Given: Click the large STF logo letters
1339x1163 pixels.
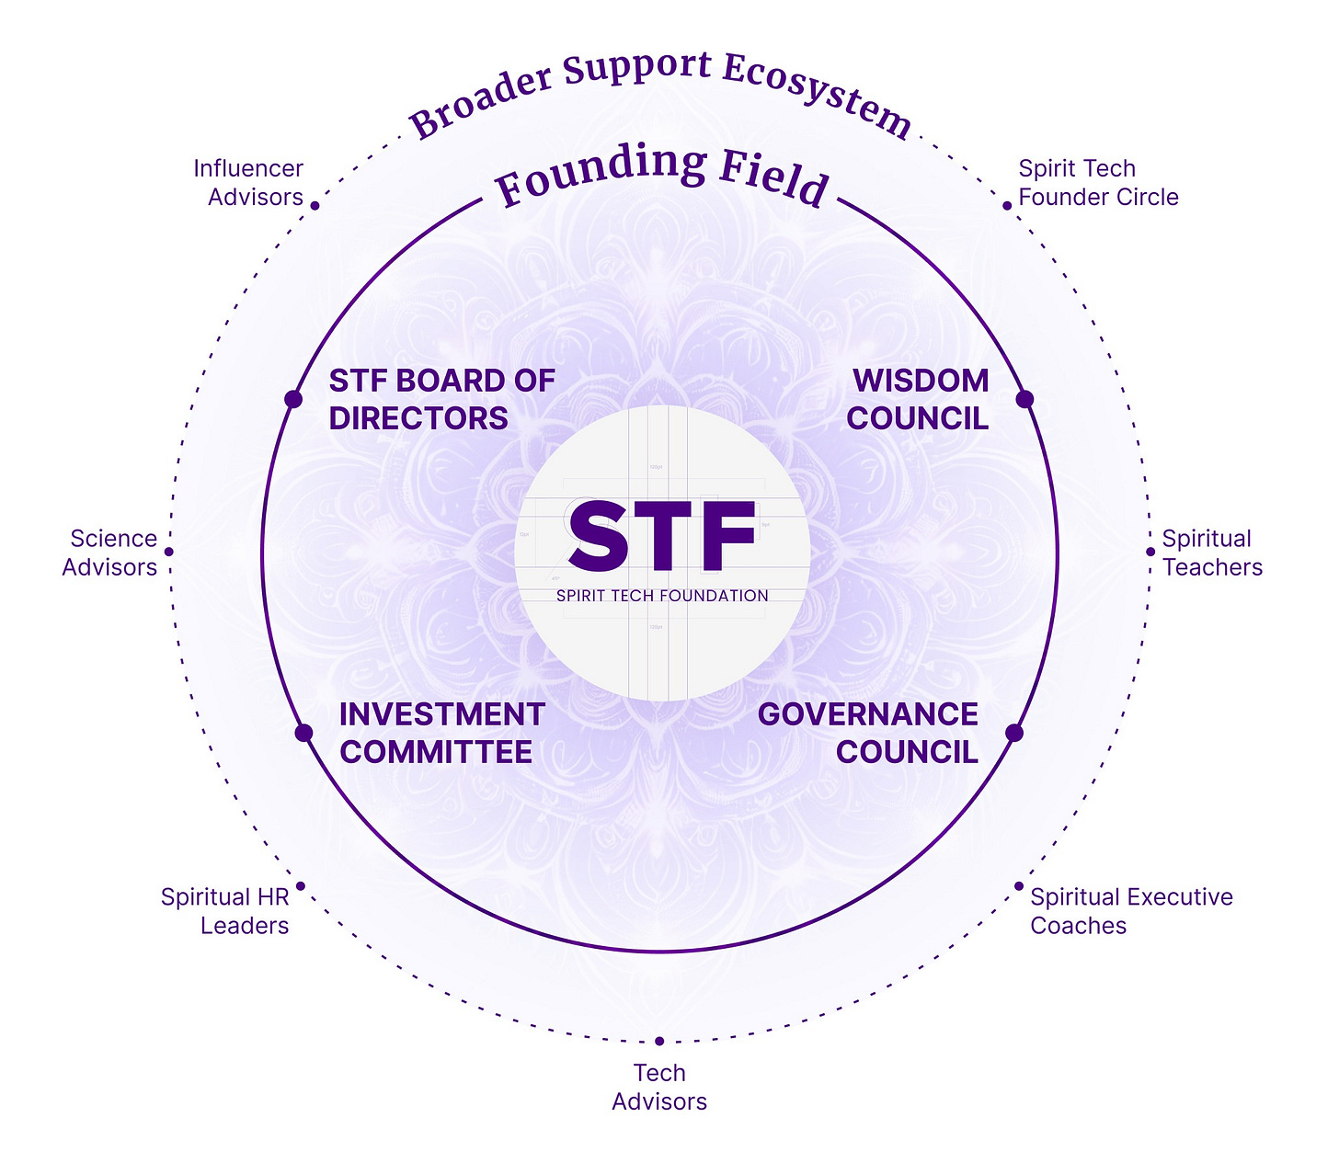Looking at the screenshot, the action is (662, 537).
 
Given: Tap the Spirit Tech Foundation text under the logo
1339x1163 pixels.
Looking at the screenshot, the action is (662, 596).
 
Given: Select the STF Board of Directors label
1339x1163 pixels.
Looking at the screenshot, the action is (441, 399).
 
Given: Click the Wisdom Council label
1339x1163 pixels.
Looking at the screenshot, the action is (918, 399).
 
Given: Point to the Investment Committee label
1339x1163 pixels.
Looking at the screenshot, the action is (441, 733).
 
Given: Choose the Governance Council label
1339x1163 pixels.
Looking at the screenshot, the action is (868, 733).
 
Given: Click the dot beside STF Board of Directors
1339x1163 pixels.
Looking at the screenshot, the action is (293, 399).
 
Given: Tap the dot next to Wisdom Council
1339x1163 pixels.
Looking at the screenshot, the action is (1024, 399).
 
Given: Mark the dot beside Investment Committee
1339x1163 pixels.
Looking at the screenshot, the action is (303, 733).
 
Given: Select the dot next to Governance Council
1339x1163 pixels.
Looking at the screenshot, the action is (1014, 733).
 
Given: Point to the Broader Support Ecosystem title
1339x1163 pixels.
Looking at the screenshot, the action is (660, 92).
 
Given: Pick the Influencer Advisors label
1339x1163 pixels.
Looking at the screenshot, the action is (248, 183).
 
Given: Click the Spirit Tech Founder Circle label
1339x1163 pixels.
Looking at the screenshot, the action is (1098, 183).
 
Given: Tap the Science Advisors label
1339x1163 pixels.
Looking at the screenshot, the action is (110, 553).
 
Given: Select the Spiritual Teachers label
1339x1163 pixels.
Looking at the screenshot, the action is (1212, 553).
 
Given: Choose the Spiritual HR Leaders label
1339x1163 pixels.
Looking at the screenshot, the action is (225, 911).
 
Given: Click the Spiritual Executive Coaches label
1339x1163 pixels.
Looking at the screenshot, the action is (1131, 911).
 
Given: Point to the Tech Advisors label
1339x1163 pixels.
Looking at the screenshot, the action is (659, 1087).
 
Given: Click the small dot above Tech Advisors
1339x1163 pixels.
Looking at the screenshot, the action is (659, 1041).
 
